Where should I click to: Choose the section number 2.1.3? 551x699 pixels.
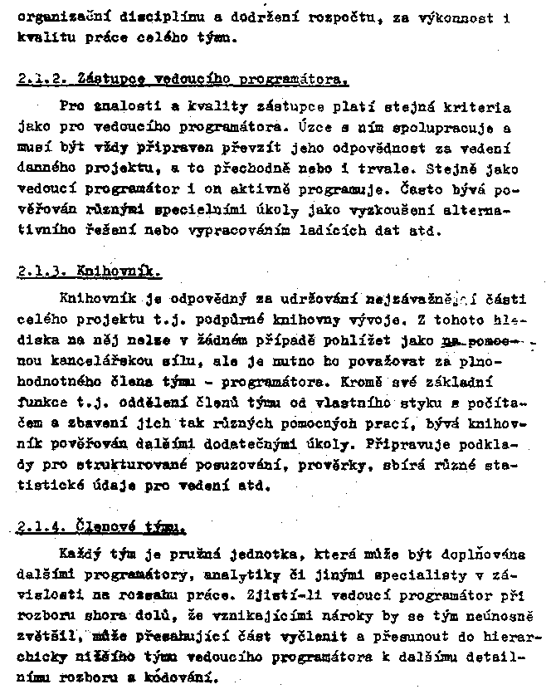point(41,271)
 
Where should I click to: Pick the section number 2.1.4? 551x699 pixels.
point(41,526)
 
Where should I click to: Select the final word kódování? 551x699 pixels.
point(186,676)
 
